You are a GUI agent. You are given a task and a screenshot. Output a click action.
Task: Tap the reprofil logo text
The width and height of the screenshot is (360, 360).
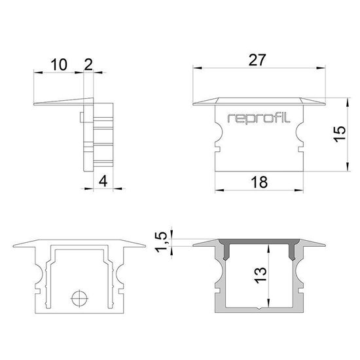(x=259, y=118)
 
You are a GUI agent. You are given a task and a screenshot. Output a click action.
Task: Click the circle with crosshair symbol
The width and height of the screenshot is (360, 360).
(x=79, y=298)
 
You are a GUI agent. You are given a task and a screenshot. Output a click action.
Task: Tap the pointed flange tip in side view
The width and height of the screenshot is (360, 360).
(x=33, y=104)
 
